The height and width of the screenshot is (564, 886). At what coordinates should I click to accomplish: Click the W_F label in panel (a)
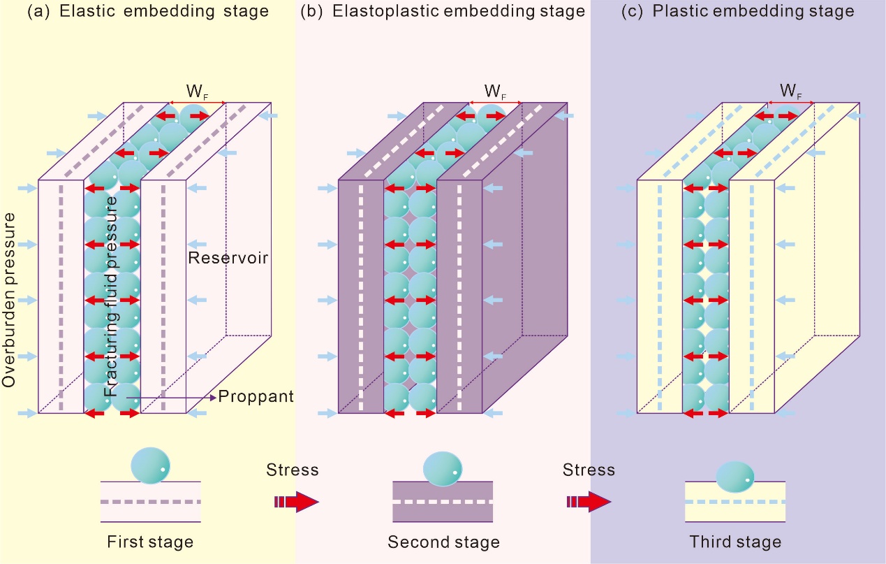click(195, 92)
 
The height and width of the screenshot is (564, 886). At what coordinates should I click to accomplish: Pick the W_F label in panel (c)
click(789, 92)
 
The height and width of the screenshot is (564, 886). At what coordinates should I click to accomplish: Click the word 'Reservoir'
click(228, 258)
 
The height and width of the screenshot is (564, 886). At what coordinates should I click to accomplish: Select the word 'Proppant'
click(256, 397)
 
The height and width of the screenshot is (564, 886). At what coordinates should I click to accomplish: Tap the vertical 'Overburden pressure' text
click(9, 301)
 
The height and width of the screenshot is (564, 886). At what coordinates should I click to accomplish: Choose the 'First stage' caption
click(150, 542)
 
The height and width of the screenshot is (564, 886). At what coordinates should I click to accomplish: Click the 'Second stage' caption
click(443, 542)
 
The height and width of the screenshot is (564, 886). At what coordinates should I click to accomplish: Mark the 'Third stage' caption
click(735, 542)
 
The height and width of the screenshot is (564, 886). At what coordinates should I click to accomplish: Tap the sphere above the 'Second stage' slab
click(443, 468)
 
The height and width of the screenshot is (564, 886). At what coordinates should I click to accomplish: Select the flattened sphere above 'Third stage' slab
click(735, 475)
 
